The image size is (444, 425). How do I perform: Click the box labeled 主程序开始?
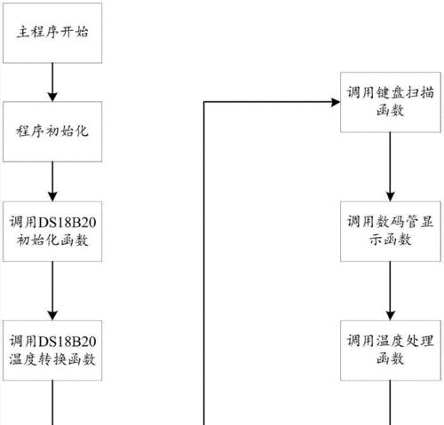pos(52,33)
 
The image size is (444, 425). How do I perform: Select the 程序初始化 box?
pos(52,131)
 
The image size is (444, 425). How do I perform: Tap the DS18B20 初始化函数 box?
pos(52,232)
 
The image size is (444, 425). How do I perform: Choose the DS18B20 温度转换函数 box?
pos(52,350)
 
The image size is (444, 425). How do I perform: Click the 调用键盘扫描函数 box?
pos(391,102)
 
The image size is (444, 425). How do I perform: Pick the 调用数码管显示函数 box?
pos(391,232)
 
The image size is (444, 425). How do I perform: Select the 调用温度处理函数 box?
pos(391,350)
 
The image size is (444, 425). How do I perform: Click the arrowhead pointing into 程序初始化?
pos(52,97)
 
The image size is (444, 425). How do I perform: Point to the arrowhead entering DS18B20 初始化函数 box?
pos(52,197)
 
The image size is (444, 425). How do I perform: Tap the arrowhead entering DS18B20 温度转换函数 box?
pos(52,316)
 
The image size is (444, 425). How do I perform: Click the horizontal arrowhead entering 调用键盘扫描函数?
pos(336,102)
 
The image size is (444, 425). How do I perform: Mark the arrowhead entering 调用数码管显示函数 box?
pos(391,197)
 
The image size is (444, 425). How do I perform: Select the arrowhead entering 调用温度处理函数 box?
pos(391,316)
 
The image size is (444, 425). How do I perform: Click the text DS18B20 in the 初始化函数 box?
pos(67,223)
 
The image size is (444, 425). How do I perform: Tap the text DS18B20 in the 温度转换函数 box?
pos(67,342)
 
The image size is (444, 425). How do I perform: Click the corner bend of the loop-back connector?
pos(204,102)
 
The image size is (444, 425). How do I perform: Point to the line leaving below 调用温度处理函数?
pos(390,403)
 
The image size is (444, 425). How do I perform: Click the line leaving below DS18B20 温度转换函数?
pos(52,403)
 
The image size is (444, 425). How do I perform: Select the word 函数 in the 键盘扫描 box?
pos(391,111)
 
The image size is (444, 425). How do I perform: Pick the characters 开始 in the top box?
pos(74,32)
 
